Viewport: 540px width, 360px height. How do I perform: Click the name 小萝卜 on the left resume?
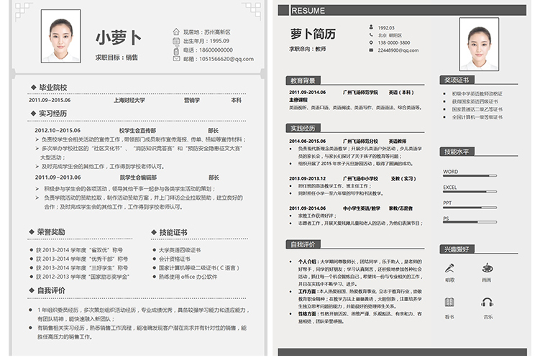pyautogui.click(x=119, y=37)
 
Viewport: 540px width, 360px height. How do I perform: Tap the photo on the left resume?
pyautogui.click(x=60, y=36)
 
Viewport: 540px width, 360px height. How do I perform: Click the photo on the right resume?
pyautogui.click(x=479, y=44)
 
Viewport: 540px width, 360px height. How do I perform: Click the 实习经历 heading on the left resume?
pyautogui.click(x=52, y=114)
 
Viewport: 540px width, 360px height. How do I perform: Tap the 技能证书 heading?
pyautogui.click(x=173, y=232)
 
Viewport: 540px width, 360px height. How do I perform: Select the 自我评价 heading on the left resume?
pyautogui.click(x=51, y=290)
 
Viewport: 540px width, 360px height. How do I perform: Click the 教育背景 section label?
pyautogui.click(x=302, y=80)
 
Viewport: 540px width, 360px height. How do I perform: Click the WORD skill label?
pyautogui.click(x=450, y=172)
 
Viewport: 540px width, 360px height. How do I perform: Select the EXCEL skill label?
pyautogui.click(x=450, y=188)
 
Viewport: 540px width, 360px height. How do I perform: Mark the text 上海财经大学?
pyautogui.click(x=129, y=101)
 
